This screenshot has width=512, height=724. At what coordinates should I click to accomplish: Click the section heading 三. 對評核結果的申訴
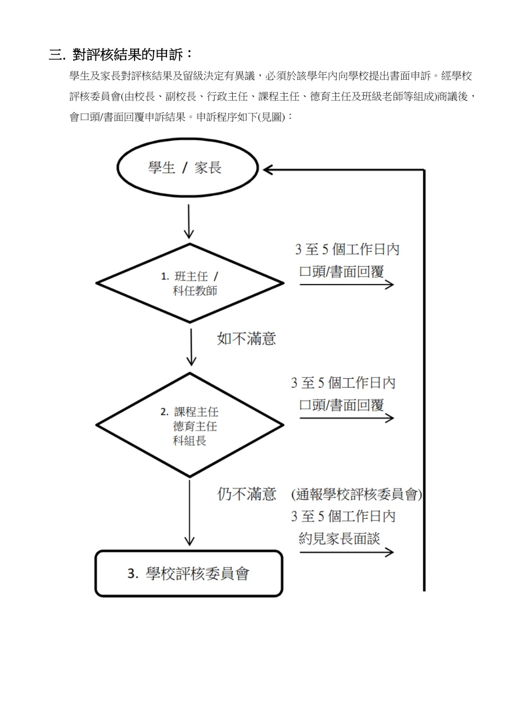pos(121,54)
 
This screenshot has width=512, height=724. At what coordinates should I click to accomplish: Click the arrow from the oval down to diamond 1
pos(189,221)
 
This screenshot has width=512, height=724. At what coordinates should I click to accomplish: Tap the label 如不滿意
pos(246,339)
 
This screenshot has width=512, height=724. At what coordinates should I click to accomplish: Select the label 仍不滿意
pos(246,494)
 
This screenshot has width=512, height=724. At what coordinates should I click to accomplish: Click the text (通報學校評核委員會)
pos(356,494)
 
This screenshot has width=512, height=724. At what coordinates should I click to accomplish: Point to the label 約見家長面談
pos(339,538)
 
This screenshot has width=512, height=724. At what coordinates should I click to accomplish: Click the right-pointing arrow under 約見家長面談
pos(346,552)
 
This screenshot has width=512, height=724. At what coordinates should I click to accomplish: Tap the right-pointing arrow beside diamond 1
pos(346,285)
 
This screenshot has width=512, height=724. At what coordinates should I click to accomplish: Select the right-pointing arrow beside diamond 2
pos(346,418)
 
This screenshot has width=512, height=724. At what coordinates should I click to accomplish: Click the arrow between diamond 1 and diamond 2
pos(191,348)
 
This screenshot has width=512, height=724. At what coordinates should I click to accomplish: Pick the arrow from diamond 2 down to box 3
pos(189,513)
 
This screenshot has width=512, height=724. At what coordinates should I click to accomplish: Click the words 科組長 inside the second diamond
pos(190,440)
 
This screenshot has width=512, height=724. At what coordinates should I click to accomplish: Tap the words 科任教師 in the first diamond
pos(195,291)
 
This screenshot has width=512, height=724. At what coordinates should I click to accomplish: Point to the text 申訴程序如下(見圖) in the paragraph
pos(241,117)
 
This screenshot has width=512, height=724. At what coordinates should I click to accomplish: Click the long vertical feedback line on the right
pos(424,380)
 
